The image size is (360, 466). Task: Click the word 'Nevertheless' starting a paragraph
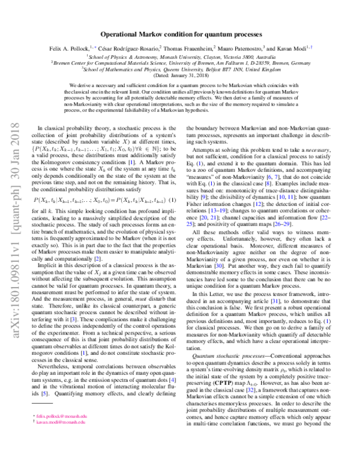[55, 366]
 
